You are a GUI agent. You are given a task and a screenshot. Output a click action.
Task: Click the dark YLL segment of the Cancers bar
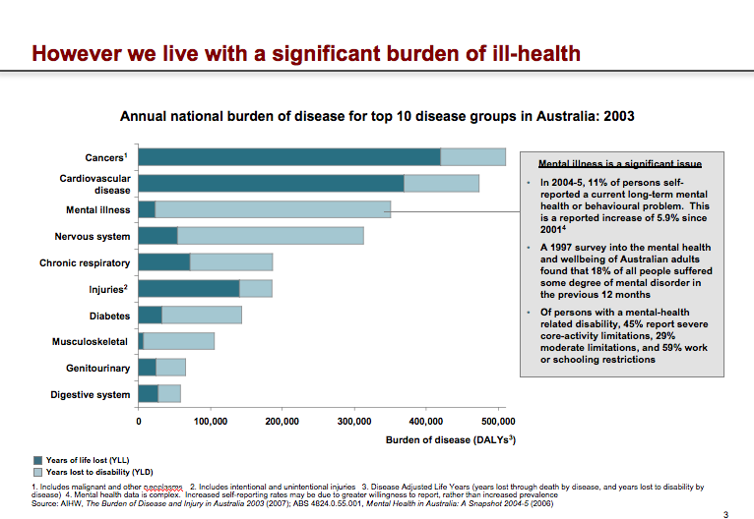pyautogui.click(x=289, y=156)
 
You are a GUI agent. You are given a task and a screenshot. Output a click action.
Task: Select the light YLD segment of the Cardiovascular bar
pyautogui.click(x=441, y=183)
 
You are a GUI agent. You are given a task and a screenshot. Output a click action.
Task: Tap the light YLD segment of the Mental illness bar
pyautogui.click(x=273, y=209)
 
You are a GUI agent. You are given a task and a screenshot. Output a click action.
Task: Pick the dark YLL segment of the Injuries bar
pyautogui.click(x=189, y=288)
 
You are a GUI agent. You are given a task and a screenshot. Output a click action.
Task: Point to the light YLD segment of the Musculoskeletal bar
pyautogui.click(x=178, y=341)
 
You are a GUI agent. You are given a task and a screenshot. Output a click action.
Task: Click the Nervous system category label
pyautogui.click(x=93, y=236)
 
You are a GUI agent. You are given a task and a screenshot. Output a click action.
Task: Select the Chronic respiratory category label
pyautogui.click(x=85, y=262)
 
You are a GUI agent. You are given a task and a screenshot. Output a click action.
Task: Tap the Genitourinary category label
pyautogui.click(x=98, y=368)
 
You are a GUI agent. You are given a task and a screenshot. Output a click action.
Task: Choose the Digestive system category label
pyautogui.click(x=91, y=394)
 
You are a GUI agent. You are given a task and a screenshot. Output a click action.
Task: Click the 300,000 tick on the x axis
pyautogui.click(x=353, y=421)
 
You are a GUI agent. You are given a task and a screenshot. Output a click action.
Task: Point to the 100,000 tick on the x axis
pyautogui.click(x=211, y=421)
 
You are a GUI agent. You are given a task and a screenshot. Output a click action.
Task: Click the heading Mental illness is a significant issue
pyautogui.click(x=606, y=164)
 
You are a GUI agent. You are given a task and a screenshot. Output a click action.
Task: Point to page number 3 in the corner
pyautogui.click(x=725, y=513)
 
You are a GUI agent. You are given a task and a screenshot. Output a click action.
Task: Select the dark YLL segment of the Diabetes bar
pyautogui.click(x=151, y=315)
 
